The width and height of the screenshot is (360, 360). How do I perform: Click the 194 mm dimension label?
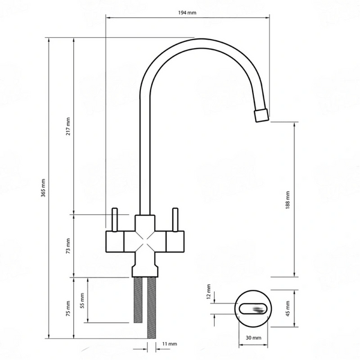click(187, 13)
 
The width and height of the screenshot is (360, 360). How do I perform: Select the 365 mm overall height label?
click(43, 188)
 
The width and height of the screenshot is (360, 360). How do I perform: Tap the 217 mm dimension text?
click(68, 126)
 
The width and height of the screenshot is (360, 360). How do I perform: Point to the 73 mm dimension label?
click(68, 246)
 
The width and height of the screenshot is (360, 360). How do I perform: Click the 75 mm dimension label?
click(68, 308)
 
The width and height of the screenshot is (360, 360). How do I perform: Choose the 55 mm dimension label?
click(82, 301)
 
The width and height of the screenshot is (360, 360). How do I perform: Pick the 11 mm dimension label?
click(170, 344)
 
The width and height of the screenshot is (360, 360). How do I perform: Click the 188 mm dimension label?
click(287, 200)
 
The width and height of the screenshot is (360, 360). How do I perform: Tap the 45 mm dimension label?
click(287, 308)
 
